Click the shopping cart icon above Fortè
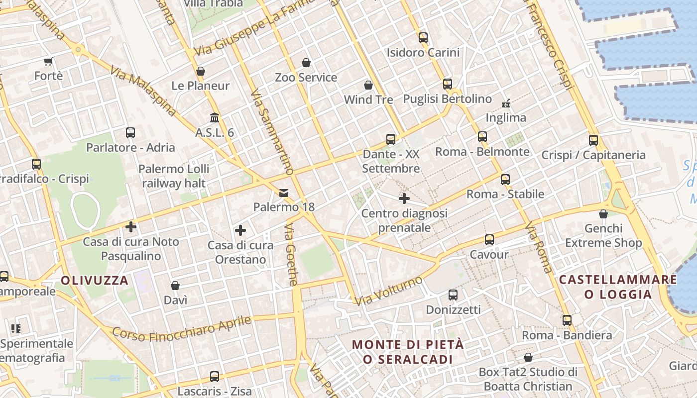48,62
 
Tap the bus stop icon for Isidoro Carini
423,37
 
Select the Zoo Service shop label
306,78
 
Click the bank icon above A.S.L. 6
215,118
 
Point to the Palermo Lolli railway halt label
174,176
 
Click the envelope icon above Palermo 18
284,193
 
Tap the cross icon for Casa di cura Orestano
240,230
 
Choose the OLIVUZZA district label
95,280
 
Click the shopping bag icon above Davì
175,286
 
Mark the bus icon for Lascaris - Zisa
215,377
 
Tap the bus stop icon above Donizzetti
453,295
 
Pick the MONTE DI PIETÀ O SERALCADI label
408,352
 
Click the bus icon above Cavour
489,240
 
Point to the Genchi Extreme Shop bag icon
603,214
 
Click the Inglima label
505,118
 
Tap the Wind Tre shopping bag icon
368,85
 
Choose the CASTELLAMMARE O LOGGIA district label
618,287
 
